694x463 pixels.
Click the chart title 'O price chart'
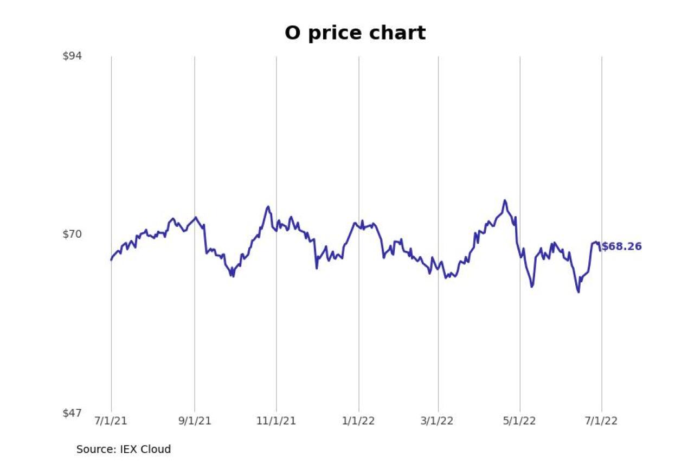point(355,33)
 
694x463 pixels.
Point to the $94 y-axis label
point(72,56)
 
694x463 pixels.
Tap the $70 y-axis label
point(72,234)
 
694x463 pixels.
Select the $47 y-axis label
point(72,413)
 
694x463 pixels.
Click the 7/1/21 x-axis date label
point(112,422)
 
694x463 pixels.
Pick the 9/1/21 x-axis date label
point(195,422)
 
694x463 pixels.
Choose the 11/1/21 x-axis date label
point(277,422)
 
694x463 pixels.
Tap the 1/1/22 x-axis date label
point(358,422)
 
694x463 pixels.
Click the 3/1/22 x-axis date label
point(438,422)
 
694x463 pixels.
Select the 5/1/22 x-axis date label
point(520,422)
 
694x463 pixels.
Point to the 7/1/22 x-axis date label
point(601,422)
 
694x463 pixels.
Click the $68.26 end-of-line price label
point(621,246)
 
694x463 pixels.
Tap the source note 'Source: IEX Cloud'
point(124,449)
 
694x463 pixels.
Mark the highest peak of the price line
point(505,200)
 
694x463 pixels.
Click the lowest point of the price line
point(579,292)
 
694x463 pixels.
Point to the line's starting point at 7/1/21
point(111,260)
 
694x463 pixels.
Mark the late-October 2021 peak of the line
point(268,207)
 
